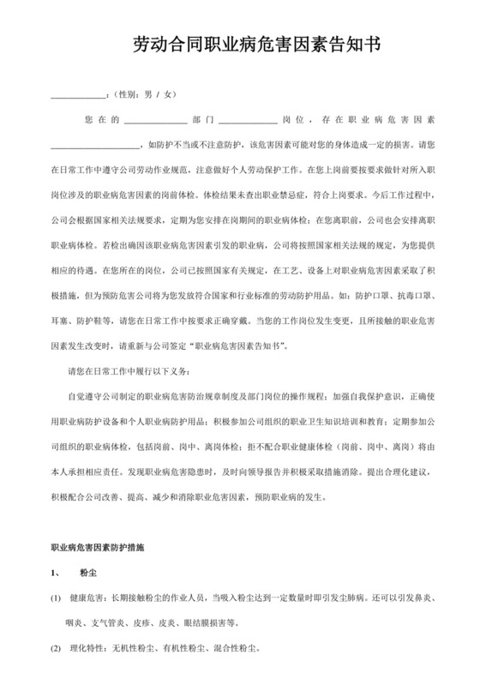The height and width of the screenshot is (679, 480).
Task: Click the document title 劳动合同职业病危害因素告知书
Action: pyautogui.click(x=240, y=44)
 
